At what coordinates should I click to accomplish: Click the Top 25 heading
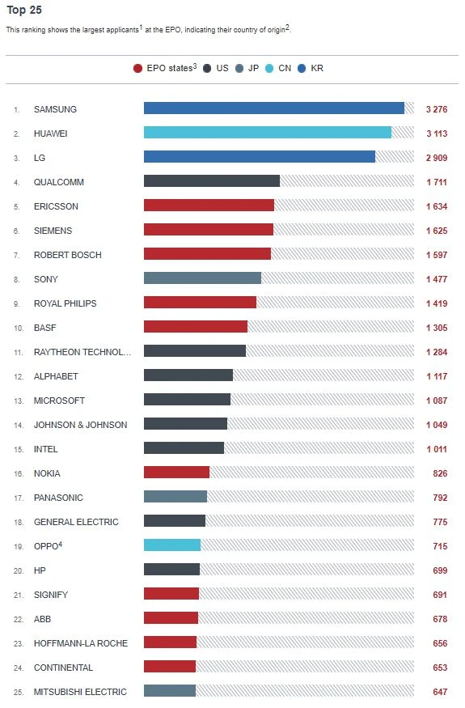tap(24, 11)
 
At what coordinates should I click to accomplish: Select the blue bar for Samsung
tap(273, 108)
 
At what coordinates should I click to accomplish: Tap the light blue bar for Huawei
tap(267, 133)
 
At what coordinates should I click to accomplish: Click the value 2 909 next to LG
tap(436, 157)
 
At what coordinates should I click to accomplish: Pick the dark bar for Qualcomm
tap(211, 181)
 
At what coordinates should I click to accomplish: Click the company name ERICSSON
tap(56, 206)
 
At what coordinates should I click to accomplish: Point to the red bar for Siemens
tap(208, 230)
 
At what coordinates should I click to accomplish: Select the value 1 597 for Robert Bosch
tap(436, 255)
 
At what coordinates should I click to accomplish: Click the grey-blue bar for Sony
tap(202, 278)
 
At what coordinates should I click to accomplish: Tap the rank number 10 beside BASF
tap(16, 328)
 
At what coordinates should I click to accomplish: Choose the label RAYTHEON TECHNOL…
tap(82, 352)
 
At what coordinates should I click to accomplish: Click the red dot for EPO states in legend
tap(137, 69)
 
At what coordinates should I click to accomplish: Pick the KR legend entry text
tap(317, 69)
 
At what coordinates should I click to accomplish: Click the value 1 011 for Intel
tap(436, 449)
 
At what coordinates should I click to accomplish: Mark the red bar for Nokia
tap(176, 473)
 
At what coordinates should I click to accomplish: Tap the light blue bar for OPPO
tap(171, 545)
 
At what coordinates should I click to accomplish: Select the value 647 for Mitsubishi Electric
tap(439, 692)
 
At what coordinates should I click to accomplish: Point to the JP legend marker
tap(239, 69)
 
